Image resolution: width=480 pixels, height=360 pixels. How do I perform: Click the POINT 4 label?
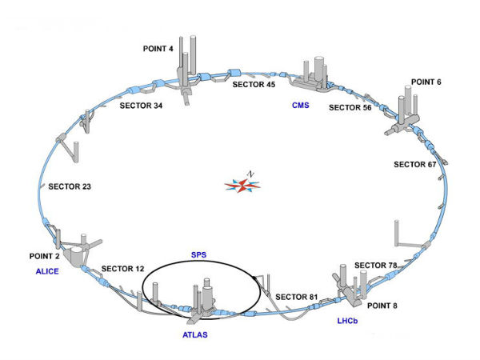coord(159,49)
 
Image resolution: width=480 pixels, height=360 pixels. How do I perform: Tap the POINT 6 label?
coord(426,82)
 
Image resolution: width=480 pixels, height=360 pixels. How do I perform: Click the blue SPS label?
coord(199,255)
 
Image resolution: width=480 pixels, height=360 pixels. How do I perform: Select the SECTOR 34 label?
coord(141,105)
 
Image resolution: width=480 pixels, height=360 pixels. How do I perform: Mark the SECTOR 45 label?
coord(254,84)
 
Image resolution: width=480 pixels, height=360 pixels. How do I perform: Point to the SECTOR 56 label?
coord(350,107)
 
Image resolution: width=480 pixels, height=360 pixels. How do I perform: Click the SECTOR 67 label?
coord(415,165)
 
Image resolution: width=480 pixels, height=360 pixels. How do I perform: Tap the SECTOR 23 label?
coord(70,186)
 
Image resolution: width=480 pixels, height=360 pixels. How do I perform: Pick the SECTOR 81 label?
coord(297,298)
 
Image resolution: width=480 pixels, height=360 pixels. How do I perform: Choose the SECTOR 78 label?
coord(375,265)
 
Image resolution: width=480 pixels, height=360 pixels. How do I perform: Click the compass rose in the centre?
coord(244,186)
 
